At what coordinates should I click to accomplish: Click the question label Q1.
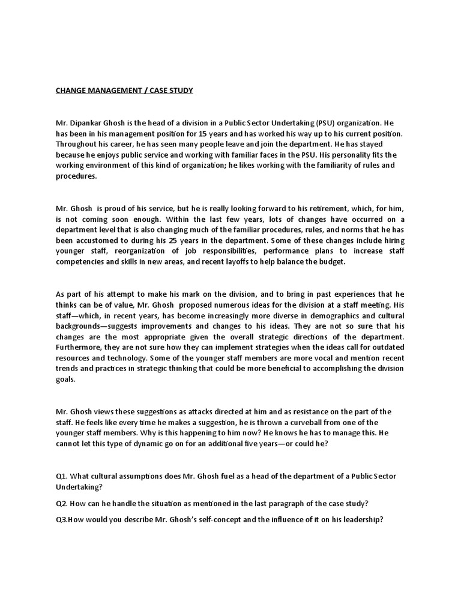[62, 475]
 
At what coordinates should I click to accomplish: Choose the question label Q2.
[62, 504]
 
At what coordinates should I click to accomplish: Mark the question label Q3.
[61, 520]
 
